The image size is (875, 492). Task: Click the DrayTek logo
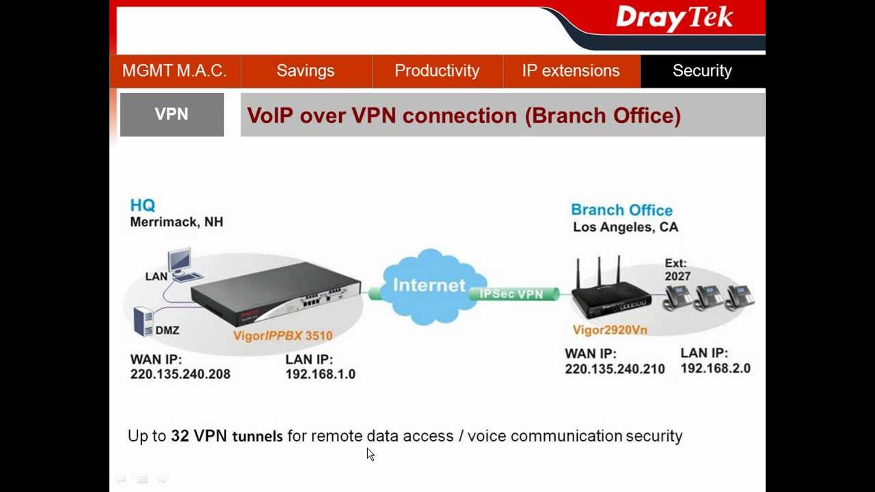pyautogui.click(x=674, y=18)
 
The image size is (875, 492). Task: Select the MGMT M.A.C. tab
pyautogui.click(x=174, y=71)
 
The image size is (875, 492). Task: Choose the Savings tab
pyautogui.click(x=306, y=71)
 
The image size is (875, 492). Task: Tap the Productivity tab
pyautogui.click(x=437, y=71)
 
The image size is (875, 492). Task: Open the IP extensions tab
pyautogui.click(x=571, y=71)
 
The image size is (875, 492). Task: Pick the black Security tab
pyautogui.click(x=702, y=71)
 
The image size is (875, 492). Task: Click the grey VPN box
pyautogui.click(x=172, y=115)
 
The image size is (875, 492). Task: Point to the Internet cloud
pyautogui.click(x=429, y=286)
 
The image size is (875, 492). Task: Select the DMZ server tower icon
pyautogui.click(x=143, y=321)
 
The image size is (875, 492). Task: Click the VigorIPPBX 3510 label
pyautogui.click(x=282, y=336)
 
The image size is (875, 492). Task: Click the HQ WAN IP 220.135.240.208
pyautogui.click(x=180, y=374)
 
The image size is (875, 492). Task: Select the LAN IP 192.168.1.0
pyautogui.click(x=320, y=374)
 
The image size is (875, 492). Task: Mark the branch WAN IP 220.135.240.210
pyautogui.click(x=615, y=369)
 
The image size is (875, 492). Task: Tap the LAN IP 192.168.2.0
pyautogui.click(x=715, y=368)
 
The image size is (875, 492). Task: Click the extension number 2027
pyautogui.click(x=677, y=277)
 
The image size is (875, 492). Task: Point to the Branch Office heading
pyautogui.click(x=621, y=210)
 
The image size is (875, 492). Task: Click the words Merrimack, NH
pyautogui.click(x=176, y=222)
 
